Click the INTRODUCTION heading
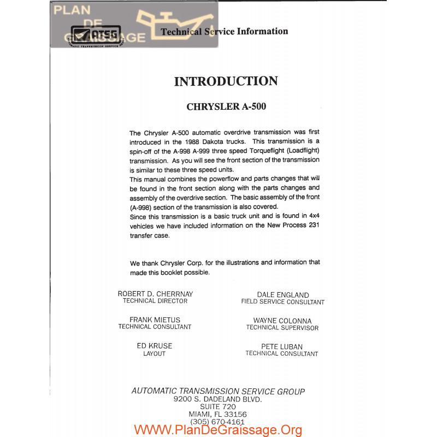pos(226,81)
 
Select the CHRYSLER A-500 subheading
pos(226,107)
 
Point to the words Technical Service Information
pos(224,32)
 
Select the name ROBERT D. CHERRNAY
pos(155,294)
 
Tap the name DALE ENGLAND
pos(282,295)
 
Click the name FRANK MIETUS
pos(155,320)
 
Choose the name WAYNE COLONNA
pos(282,321)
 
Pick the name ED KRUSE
pos(154,346)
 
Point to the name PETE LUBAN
pos(282,346)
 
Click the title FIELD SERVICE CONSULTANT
pos(282,302)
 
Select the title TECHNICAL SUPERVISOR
pos(282,328)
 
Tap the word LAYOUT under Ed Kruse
pos(154,353)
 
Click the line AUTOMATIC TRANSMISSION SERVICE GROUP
pos(218,391)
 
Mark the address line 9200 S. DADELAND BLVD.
pos(217,399)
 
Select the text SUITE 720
pos(217,407)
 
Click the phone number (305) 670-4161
pos(217,422)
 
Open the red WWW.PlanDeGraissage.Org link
pos(217,430)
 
